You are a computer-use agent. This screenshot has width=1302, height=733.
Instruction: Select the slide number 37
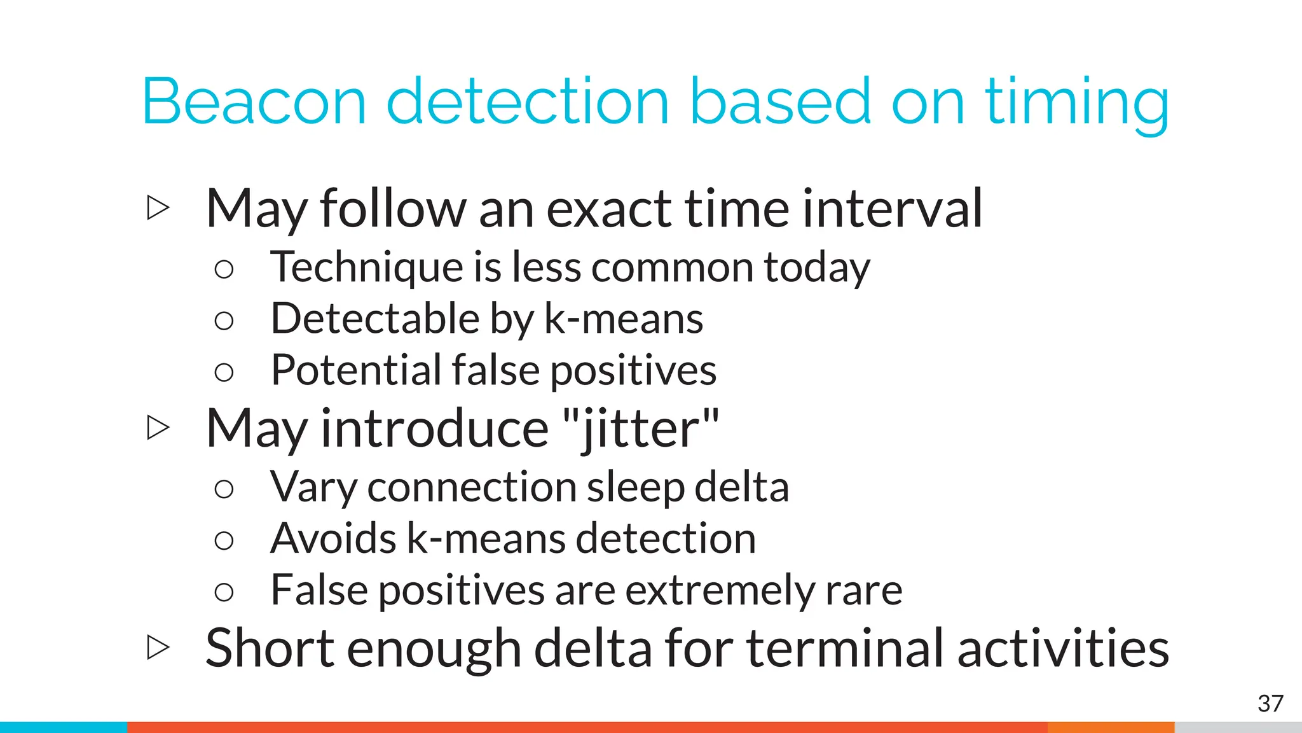pos(1270,704)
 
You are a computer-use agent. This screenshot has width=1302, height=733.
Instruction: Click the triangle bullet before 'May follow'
pos(158,208)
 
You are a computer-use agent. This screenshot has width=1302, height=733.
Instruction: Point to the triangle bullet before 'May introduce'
pos(158,428)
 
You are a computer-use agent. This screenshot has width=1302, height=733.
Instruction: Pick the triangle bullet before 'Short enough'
pos(158,648)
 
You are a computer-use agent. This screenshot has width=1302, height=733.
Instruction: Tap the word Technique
pos(366,267)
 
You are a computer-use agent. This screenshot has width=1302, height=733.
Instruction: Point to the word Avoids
pos(333,539)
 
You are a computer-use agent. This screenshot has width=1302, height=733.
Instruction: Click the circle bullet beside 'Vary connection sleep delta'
pos(224,489)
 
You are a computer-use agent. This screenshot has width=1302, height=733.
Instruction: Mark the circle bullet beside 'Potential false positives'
pos(224,372)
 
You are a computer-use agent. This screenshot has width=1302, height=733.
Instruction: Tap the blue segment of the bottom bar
pos(64,727)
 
